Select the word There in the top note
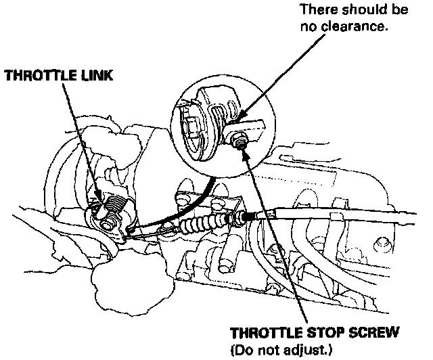315,12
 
